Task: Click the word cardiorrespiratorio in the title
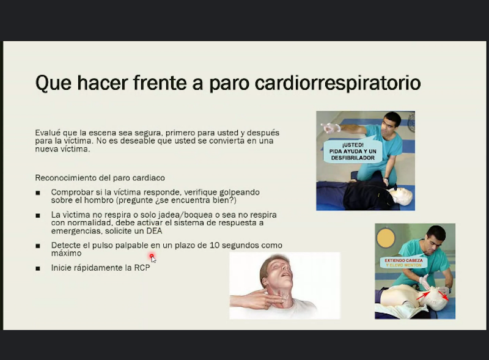click(x=338, y=83)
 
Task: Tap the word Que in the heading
click(x=53, y=83)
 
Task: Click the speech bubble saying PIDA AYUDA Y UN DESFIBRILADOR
click(x=353, y=152)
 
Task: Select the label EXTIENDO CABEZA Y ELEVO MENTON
click(x=403, y=263)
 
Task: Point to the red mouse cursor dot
click(x=152, y=256)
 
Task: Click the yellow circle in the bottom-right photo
click(x=386, y=238)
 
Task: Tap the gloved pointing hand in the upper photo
click(x=331, y=128)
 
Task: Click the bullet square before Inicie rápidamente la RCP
click(x=38, y=268)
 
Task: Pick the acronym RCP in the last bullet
click(x=142, y=268)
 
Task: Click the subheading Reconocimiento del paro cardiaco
click(x=100, y=178)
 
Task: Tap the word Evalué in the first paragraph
click(x=48, y=133)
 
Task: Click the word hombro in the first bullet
click(x=98, y=200)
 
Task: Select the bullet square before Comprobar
click(x=38, y=193)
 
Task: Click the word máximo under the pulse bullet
click(x=66, y=253)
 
